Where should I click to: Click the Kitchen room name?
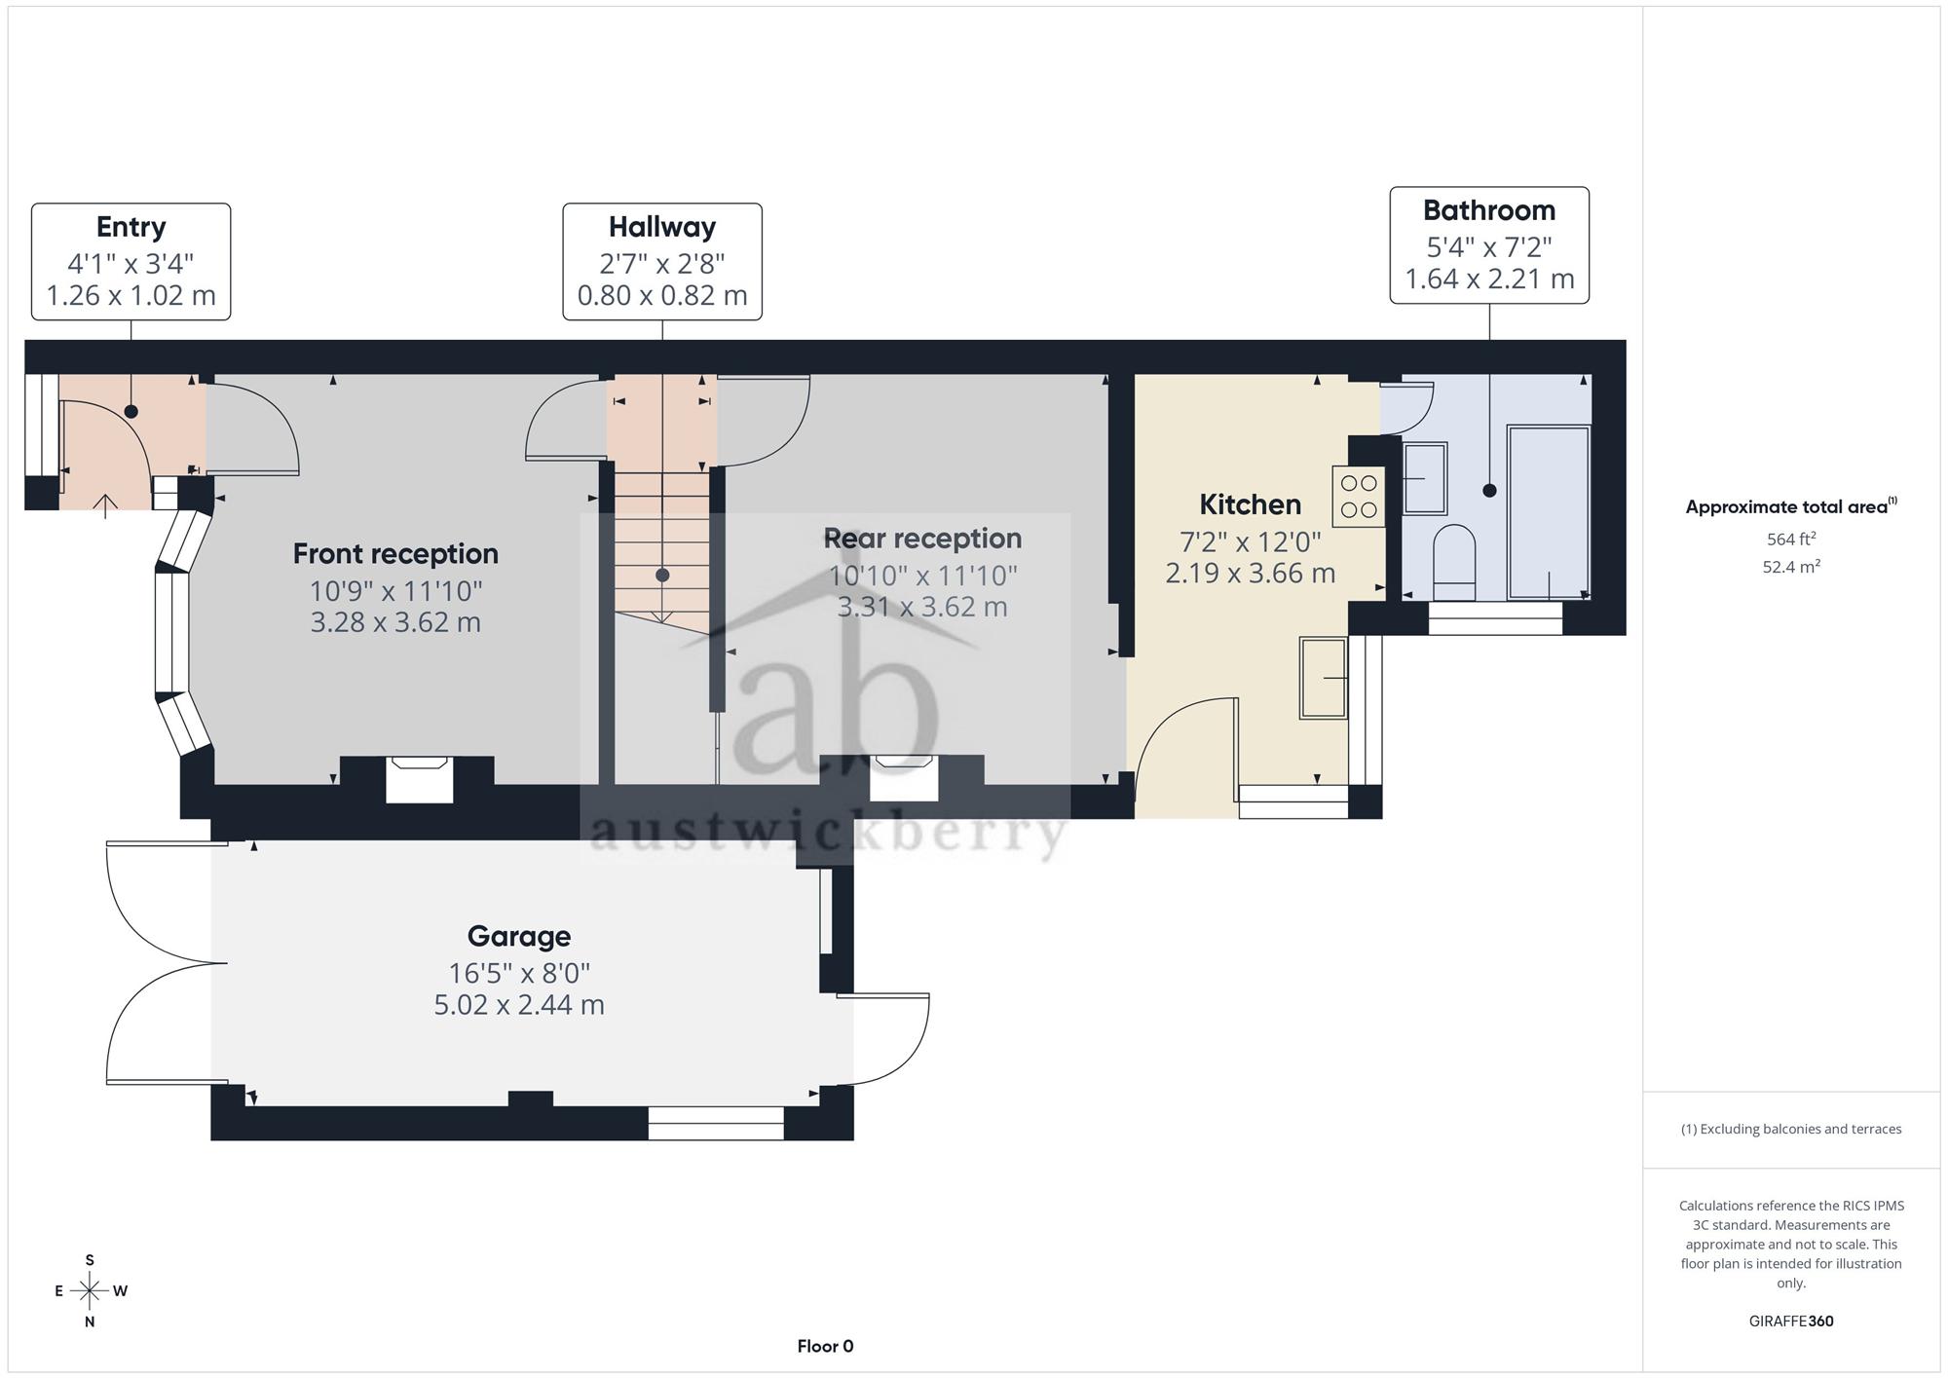click(1251, 504)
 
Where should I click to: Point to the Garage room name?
click(519, 937)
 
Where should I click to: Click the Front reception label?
click(395, 554)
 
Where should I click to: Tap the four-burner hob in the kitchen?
click(1359, 497)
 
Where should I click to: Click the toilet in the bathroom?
click(1455, 563)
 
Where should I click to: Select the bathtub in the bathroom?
click(1549, 512)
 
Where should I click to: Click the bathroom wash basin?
click(1425, 478)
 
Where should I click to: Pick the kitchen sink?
click(1324, 678)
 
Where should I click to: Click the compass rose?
click(90, 1291)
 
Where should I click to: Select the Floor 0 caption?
click(825, 1347)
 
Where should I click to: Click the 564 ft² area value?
click(1791, 540)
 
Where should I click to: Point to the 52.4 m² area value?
click(1791, 567)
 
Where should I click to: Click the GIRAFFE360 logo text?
click(1791, 1322)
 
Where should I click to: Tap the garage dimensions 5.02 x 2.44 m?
click(519, 1005)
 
